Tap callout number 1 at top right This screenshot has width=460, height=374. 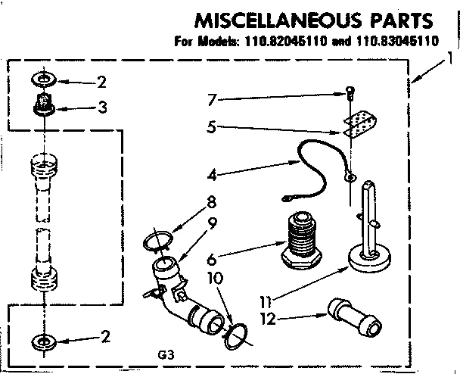pyautogui.click(x=451, y=58)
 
